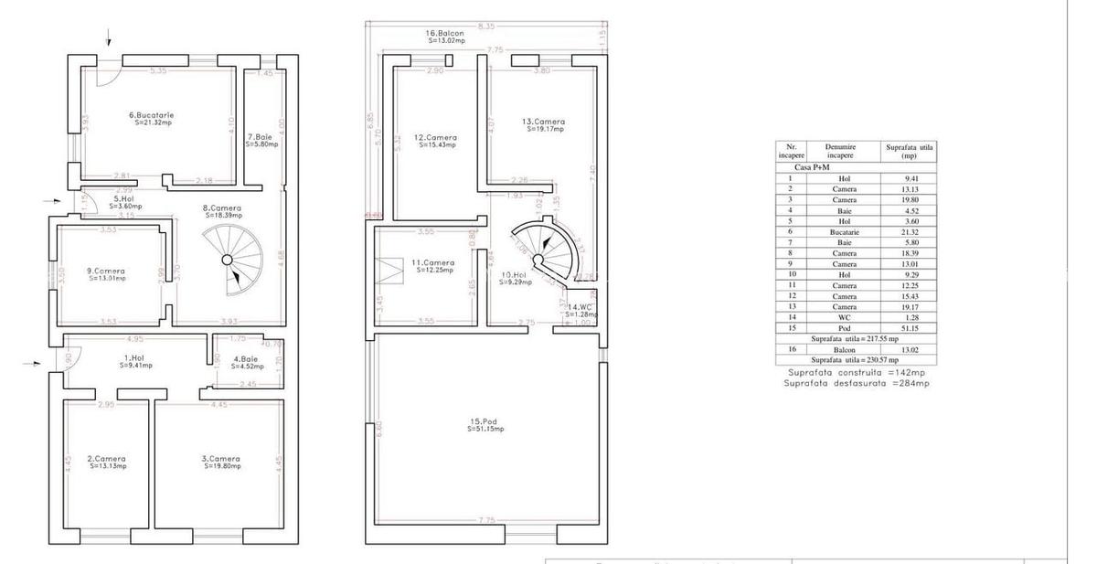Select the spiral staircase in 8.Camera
231,261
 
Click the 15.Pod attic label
485,424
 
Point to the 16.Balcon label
444,37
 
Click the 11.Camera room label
433,266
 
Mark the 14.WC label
581,310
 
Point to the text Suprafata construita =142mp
857,373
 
